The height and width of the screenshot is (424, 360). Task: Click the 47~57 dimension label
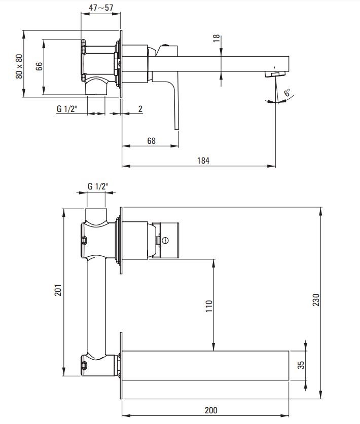[101, 7]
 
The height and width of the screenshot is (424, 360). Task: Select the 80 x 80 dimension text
[19, 66]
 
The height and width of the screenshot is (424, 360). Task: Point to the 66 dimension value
[39, 66]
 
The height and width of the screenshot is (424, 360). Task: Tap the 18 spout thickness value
[217, 38]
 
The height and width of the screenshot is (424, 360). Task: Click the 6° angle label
[287, 93]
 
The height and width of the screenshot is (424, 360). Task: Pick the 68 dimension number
[151, 141]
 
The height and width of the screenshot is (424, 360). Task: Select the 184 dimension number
[203, 161]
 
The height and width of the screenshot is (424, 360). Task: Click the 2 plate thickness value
[140, 109]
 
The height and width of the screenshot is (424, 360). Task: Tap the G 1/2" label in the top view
[67, 109]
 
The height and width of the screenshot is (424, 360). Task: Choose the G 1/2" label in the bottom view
[98, 186]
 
